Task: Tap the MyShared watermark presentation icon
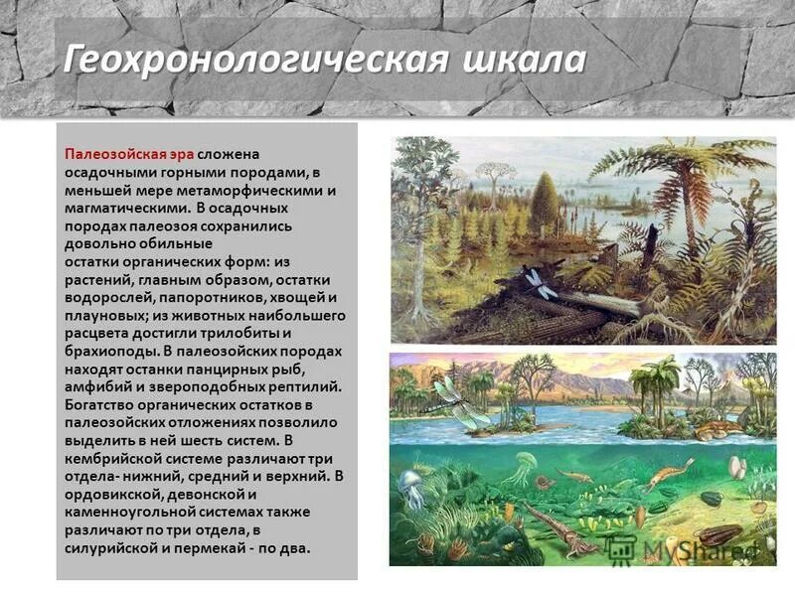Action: click(x=619, y=546)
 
